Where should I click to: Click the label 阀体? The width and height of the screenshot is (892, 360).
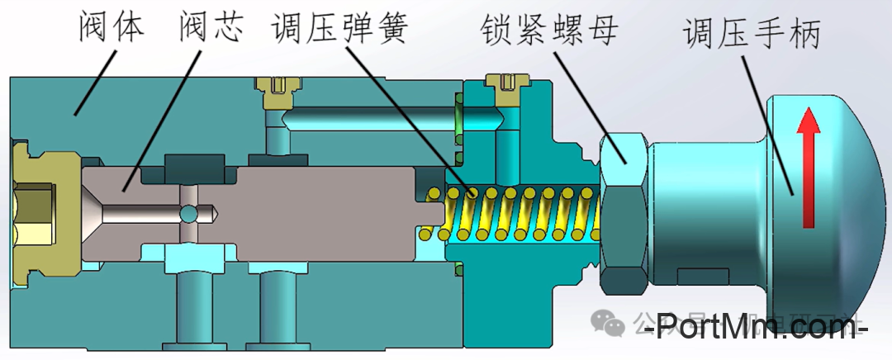[x=112, y=26]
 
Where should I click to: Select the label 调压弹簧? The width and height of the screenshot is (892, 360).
[x=340, y=27]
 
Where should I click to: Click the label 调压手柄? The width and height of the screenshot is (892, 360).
[x=752, y=33]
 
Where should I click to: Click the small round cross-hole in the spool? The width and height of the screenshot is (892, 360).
[x=190, y=213]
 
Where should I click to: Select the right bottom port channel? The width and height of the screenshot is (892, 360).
[x=277, y=310]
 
